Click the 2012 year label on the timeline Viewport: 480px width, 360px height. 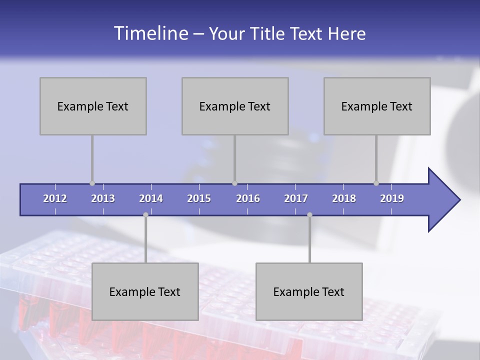click(x=55, y=198)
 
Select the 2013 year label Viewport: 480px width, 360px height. click(x=103, y=198)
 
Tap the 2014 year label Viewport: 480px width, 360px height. click(x=151, y=198)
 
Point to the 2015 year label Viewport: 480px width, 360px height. click(x=199, y=198)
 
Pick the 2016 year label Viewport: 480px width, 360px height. click(x=248, y=198)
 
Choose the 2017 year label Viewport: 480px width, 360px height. click(x=296, y=198)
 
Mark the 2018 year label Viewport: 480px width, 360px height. click(x=344, y=198)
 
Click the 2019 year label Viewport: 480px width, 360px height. click(x=392, y=198)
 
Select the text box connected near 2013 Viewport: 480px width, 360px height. click(x=93, y=106)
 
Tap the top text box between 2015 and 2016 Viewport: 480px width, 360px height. click(x=235, y=106)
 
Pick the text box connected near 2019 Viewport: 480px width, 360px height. click(x=377, y=106)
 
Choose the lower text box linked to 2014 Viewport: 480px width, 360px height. click(x=145, y=291)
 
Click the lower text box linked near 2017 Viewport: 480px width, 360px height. click(x=309, y=291)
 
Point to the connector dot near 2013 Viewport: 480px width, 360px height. click(x=92, y=183)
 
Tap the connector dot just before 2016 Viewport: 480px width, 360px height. click(x=234, y=183)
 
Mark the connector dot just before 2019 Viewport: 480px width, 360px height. click(x=376, y=183)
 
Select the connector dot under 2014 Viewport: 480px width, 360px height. click(x=145, y=214)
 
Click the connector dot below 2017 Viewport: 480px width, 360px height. click(x=309, y=214)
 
